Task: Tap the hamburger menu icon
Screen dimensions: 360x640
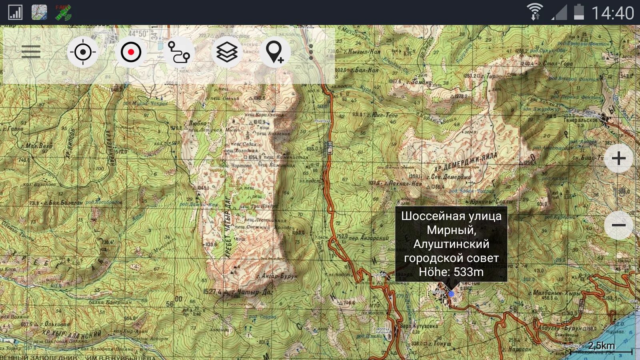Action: pos(31,52)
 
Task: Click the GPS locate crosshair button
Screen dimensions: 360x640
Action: pos(83,52)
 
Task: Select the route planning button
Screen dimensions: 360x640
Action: pos(179,52)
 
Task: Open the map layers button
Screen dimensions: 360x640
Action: pos(227,52)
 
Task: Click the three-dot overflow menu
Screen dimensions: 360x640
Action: pos(311,52)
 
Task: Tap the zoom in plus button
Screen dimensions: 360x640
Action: pos(618,158)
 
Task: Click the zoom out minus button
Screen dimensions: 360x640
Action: pos(618,225)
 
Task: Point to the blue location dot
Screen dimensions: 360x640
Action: pos(451,294)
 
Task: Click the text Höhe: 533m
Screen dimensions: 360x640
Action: pos(451,272)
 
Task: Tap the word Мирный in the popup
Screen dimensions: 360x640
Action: pos(451,230)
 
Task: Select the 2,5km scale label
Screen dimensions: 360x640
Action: pos(601,345)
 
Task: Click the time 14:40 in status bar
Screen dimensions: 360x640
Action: pos(612,13)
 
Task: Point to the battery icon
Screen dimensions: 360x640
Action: pos(578,12)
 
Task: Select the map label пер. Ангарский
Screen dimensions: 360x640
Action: pos(368,238)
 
